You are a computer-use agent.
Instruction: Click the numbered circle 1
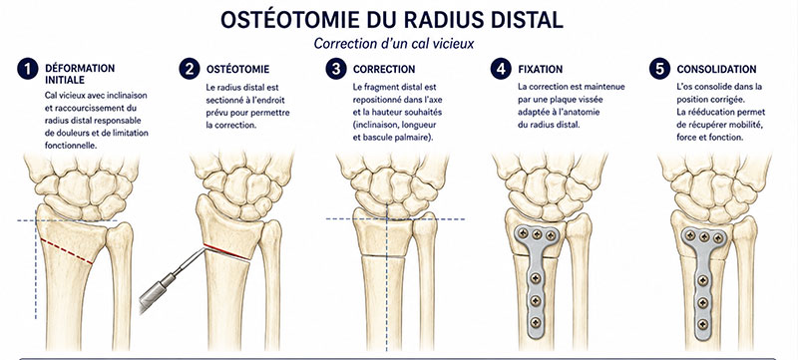click(28, 69)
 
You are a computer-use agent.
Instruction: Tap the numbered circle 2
click(190, 69)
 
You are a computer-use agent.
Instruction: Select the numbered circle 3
click(336, 69)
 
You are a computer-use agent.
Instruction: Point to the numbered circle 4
click(501, 69)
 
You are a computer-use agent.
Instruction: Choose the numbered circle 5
click(659, 69)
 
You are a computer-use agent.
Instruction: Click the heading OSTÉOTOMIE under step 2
click(237, 69)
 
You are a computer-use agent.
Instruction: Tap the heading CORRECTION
click(384, 69)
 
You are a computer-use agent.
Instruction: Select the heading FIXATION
click(541, 69)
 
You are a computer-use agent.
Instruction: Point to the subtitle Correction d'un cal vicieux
click(394, 44)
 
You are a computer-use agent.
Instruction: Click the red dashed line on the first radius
click(66, 251)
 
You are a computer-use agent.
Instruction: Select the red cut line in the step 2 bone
click(227, 251)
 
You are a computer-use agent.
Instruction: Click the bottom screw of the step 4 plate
click(536, 322)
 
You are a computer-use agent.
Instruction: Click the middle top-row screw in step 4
click(537, 234)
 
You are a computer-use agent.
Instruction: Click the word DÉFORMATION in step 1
click(80, 68)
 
